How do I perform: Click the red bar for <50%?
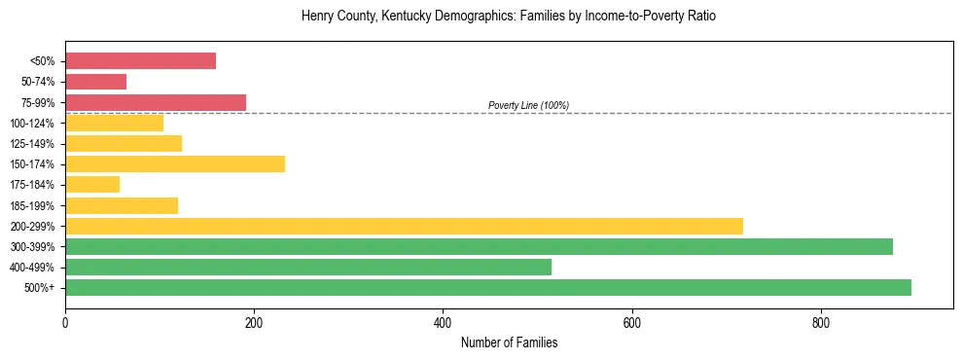(140, 61)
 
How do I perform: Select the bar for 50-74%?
(95, 82)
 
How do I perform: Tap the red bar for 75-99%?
(156, 102)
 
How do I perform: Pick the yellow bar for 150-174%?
(175, 163)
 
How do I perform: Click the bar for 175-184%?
(92, 184)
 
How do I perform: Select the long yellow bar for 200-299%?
(404, 226)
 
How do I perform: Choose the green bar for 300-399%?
(479, 246)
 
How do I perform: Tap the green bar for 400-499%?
(308, 267)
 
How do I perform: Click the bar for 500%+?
(488, 287)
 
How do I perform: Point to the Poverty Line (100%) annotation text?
(528, 105)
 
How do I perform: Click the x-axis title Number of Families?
(509, 342)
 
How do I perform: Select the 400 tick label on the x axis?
(443, 323)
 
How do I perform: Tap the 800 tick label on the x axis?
(821, 323)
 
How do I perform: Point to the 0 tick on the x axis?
(65, 323)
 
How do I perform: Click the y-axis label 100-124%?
(32, 124)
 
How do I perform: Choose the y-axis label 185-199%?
(32, 205)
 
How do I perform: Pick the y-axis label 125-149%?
(32, 144)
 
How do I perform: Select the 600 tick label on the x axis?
(632, 323)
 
